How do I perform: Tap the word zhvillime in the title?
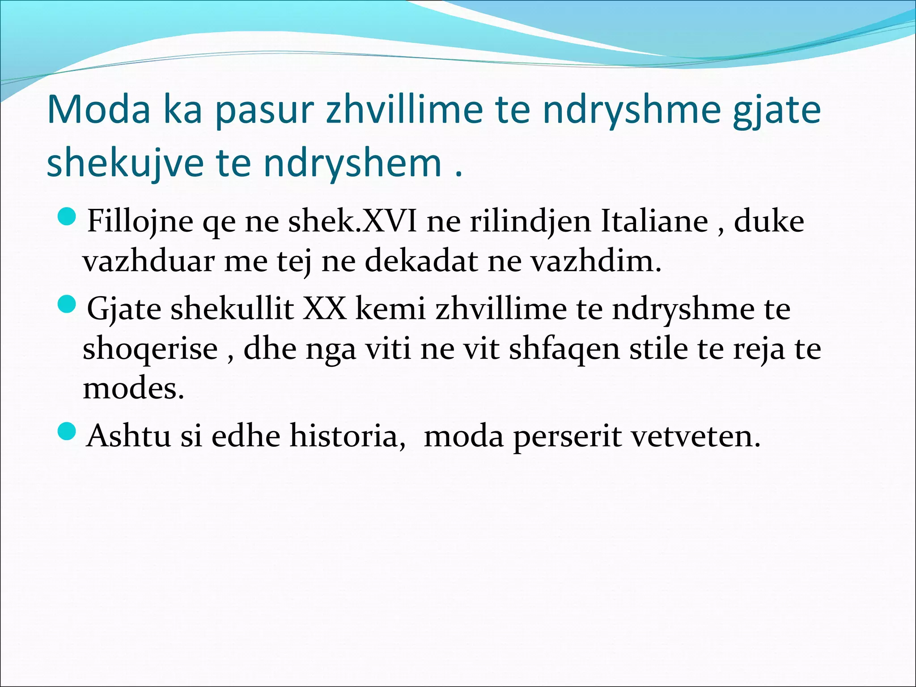pyautogui.click(x=404, y=110)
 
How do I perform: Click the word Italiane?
pyautogui.click(x=654, y=221)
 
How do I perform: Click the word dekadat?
pyautogui.click(x=421, y=261)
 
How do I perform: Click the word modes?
pyautogui.click(x=133, y=388)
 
